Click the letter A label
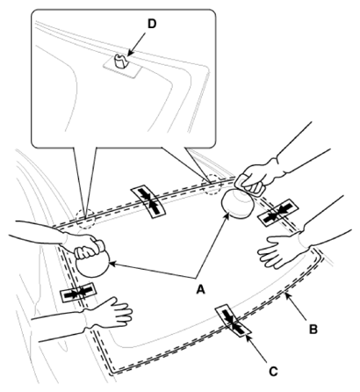200,290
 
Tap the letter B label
313,330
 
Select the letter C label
273,372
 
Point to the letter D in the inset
152,24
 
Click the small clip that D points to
120,61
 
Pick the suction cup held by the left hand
92,264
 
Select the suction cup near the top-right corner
238,202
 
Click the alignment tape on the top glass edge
148,201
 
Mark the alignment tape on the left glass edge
78,292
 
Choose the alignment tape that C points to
234,321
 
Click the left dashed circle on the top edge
85,218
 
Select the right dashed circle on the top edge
212,185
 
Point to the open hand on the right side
281,250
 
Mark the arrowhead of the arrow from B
287,296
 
